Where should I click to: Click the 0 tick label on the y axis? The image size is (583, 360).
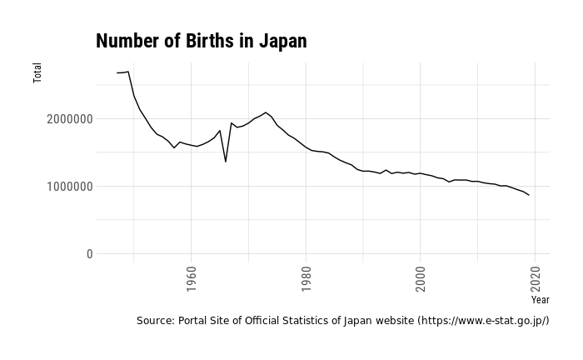click(x=89, y=254)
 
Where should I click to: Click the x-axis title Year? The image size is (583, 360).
click(x=540, y=298)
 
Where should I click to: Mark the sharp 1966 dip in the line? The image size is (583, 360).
click(x=226, y=161)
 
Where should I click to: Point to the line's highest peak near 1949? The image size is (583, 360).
click(x=128, y=72)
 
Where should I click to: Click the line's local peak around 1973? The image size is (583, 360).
click(x=266, y=112)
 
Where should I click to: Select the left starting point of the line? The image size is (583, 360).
click(x=117, y=73)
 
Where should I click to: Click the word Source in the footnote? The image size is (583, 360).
click(x=155, y=321)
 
